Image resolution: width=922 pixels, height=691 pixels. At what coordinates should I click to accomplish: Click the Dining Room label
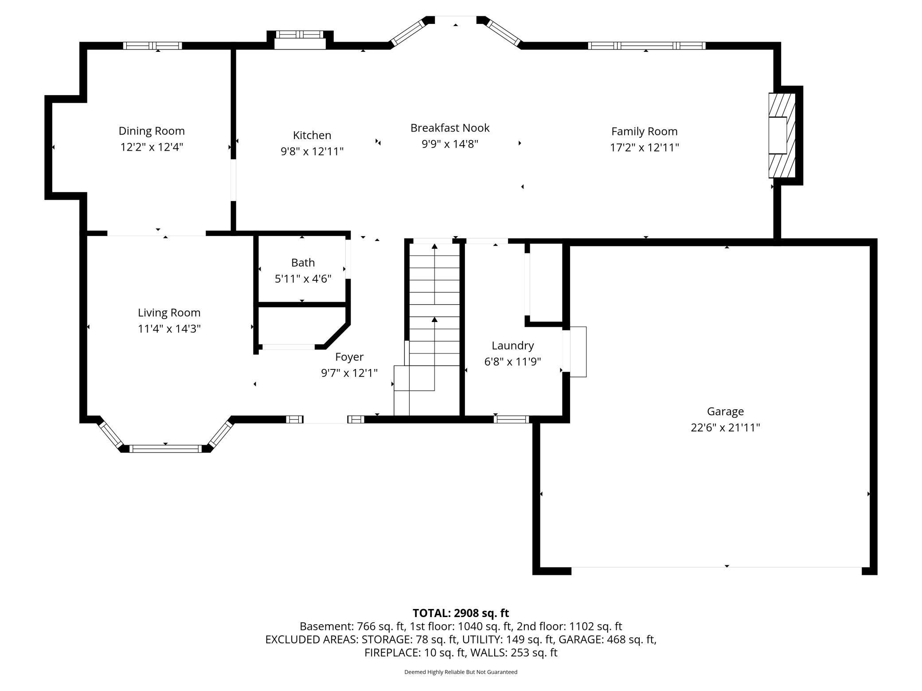tap(152, 131)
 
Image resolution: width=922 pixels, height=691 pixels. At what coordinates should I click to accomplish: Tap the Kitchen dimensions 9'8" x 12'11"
tap(312, 151)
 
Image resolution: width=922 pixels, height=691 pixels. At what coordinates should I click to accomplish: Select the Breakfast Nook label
tap(450, 128)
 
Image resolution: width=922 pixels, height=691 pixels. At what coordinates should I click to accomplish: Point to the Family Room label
tap(644, 132)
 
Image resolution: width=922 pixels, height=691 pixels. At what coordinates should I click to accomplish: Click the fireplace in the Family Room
tap(782, 135)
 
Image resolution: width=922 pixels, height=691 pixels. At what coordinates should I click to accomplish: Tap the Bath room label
tap(303, 263)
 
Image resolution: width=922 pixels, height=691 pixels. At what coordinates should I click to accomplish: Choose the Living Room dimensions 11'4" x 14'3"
tap(169, 329)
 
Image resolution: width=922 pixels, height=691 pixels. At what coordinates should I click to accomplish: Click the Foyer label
tap(349, 357)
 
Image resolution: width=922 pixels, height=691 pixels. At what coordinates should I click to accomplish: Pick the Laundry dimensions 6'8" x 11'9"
tap(512, 362)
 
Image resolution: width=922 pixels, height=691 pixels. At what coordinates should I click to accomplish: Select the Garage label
tap(725, 411)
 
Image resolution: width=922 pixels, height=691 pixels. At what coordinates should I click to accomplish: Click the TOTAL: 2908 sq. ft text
tap(461, 613)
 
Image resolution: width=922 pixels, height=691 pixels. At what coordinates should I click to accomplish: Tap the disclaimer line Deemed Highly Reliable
tap(461, 672)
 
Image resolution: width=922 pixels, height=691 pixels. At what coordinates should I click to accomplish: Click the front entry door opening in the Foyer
tap(325, 419)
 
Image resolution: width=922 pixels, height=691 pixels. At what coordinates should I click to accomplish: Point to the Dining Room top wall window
tap(152, 46)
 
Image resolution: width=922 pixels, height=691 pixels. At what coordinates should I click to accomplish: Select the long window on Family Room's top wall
tap(647, 46)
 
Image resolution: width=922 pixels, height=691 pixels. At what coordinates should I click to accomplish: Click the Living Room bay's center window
tap(165, 449)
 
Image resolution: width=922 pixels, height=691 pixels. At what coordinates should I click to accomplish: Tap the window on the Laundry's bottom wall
tap(512, 419)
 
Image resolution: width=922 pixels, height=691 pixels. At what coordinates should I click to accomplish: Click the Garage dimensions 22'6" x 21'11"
tap(725, 428)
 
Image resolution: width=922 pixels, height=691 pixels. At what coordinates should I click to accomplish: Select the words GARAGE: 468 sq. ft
tap(607, 640)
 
